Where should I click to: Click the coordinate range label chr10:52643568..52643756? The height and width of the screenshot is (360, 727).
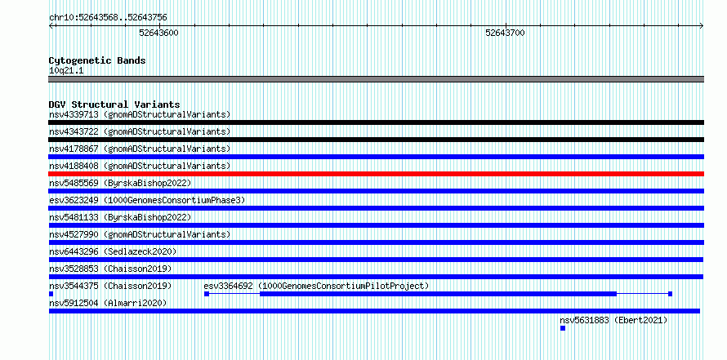108,18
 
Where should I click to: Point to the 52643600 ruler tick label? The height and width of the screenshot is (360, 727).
158,33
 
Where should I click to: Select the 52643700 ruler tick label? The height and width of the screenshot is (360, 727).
505,33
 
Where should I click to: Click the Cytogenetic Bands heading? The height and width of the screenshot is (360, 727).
97,60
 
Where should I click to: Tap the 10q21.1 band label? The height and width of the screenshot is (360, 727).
66,71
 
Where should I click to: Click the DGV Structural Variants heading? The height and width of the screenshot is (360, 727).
114,104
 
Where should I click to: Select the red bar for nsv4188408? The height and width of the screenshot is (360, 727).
376,174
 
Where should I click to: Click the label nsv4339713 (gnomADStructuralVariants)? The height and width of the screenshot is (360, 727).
140,114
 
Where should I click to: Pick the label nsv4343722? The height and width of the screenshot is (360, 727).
74,131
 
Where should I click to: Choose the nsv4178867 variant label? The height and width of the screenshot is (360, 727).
140,149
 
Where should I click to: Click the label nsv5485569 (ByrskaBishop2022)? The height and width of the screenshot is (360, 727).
120,183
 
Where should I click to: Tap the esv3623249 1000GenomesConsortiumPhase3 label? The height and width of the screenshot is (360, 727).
147,200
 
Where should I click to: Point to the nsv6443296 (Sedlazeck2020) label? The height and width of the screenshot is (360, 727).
113,251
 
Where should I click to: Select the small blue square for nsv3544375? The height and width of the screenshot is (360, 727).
51,294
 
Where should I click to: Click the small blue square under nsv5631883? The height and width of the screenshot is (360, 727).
563,328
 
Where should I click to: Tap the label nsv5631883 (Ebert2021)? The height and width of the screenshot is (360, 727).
613,320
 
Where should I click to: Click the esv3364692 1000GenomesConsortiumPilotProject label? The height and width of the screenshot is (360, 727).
316,286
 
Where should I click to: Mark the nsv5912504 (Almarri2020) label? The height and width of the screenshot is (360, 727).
108,303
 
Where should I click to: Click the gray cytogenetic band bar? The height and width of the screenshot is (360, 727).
376,79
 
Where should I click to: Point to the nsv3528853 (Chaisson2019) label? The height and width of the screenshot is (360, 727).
110,269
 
